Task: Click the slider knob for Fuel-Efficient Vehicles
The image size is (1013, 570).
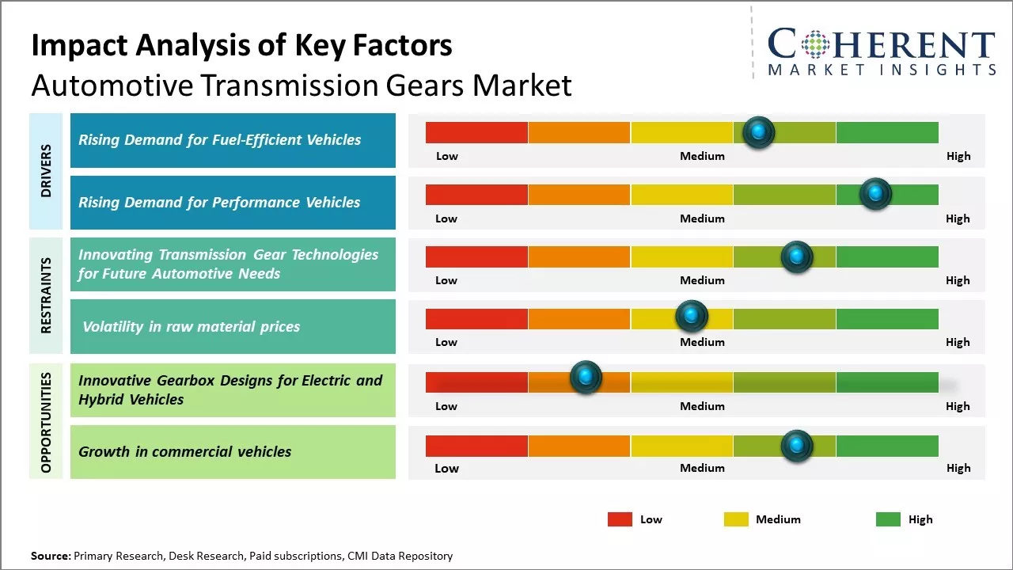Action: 759,132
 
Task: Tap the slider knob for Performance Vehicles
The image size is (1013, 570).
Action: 875,194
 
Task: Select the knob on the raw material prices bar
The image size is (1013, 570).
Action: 692,317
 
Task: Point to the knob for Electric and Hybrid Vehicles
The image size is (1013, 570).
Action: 586,378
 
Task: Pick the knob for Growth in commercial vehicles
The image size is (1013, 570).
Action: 797,446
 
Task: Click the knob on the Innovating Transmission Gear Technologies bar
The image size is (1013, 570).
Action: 797,256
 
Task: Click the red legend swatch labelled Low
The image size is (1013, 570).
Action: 620,519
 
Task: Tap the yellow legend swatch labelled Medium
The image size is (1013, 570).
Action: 736,519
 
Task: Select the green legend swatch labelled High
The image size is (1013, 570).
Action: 888,519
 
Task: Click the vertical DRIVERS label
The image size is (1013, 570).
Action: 46,171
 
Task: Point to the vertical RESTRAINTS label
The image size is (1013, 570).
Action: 46,295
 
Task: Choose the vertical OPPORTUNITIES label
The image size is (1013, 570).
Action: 46,422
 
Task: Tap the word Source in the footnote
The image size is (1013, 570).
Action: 50,556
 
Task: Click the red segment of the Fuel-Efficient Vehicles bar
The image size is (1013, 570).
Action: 476,132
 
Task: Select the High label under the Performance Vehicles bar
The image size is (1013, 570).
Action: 958,218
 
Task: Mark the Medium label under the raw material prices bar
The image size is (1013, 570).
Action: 702,342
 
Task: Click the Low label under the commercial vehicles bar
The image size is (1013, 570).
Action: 446,468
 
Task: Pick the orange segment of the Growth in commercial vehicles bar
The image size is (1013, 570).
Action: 579,446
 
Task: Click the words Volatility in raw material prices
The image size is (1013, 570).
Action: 192,326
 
